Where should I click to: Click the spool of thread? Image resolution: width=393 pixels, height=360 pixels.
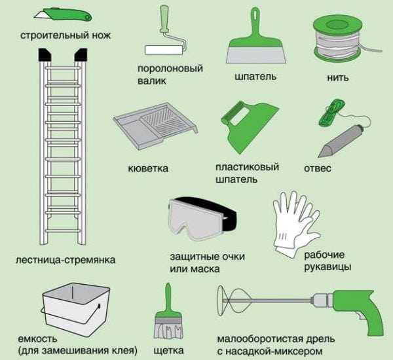pos(337,39)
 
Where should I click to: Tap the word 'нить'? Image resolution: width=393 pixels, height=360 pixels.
pos(339,77)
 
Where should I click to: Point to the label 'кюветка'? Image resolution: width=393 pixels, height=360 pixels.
pos(148,169)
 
